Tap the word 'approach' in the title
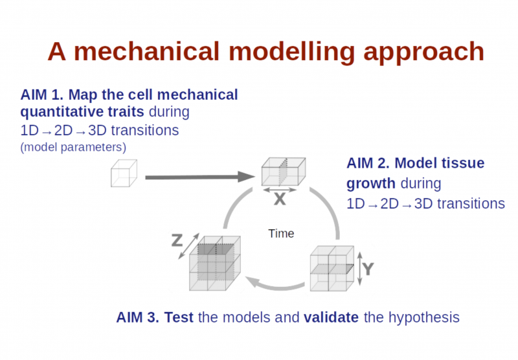[423, 53]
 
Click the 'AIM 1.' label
[42, 95]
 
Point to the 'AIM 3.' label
[137, 317]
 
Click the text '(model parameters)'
[73, 147]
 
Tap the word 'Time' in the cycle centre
[281, 234]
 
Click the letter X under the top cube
[280, 199]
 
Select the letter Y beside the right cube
[368, 269]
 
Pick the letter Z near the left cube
[177, 240]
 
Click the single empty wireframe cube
[124, 173]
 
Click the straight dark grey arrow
[200, 177]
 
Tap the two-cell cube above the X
[284, 172]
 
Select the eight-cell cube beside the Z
[215, 264]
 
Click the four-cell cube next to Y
[332, 268]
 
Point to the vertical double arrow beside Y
[360, 269]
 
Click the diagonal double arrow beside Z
[189, 246]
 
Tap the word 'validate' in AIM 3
[331, 317]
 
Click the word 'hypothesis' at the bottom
[424, 318]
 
